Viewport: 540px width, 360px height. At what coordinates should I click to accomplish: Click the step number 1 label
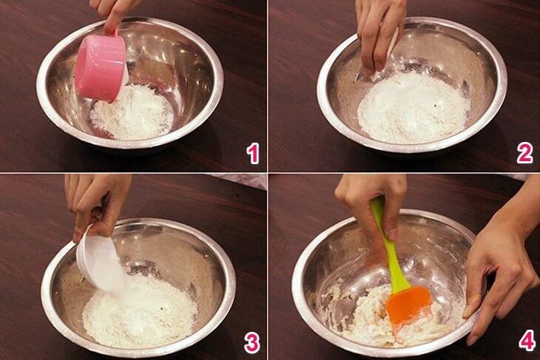coord(253,153)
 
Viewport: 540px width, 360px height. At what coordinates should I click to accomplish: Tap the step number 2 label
coord(524,153)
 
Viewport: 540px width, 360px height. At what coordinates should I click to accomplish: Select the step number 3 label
coord(253,342)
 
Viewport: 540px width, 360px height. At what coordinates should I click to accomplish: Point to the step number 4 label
coord(526,341)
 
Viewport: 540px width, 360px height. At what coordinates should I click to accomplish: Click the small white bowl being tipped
coord(96,262)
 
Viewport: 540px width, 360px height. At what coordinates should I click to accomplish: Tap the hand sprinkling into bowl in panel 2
coord(379,33)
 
